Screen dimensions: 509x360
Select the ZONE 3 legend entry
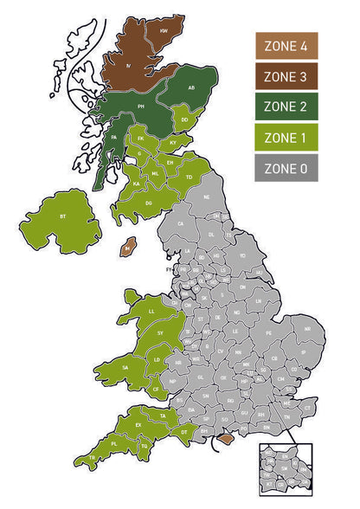coord(286,76)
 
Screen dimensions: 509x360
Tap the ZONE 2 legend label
coord(286,107)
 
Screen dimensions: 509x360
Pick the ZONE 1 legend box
coord(286,139)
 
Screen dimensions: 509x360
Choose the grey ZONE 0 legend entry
coord(286,169)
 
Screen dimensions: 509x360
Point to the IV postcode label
coord(129,65)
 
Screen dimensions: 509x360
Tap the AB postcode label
coord(192,87)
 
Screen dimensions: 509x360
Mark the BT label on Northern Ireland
coord(62,215)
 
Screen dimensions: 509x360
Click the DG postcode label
coord(149,203)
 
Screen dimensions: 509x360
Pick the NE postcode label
coord(207,197)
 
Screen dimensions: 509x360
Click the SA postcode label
coord(126,368)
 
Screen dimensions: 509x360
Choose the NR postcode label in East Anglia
coord(307,330)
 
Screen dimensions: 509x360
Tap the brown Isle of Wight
coord(226,440)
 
